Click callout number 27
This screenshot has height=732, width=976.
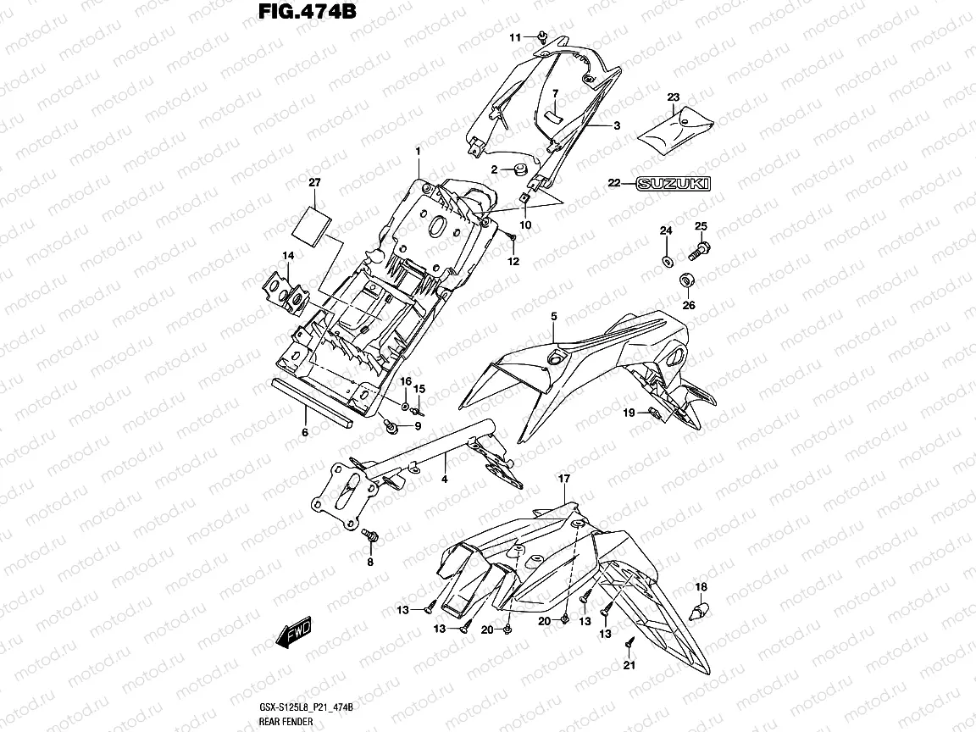click(315, 183)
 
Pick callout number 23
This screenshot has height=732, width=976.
click(674, 97)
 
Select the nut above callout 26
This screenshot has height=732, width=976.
click(688, 280)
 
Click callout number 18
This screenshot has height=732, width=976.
click(701, 586)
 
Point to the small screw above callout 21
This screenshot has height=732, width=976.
click(629, 643)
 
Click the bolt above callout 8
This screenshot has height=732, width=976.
click(369, 535)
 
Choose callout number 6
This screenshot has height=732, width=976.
click(305, 431)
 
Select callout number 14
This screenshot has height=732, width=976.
click(288, 255)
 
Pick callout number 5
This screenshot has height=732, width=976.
click(553, 317)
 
